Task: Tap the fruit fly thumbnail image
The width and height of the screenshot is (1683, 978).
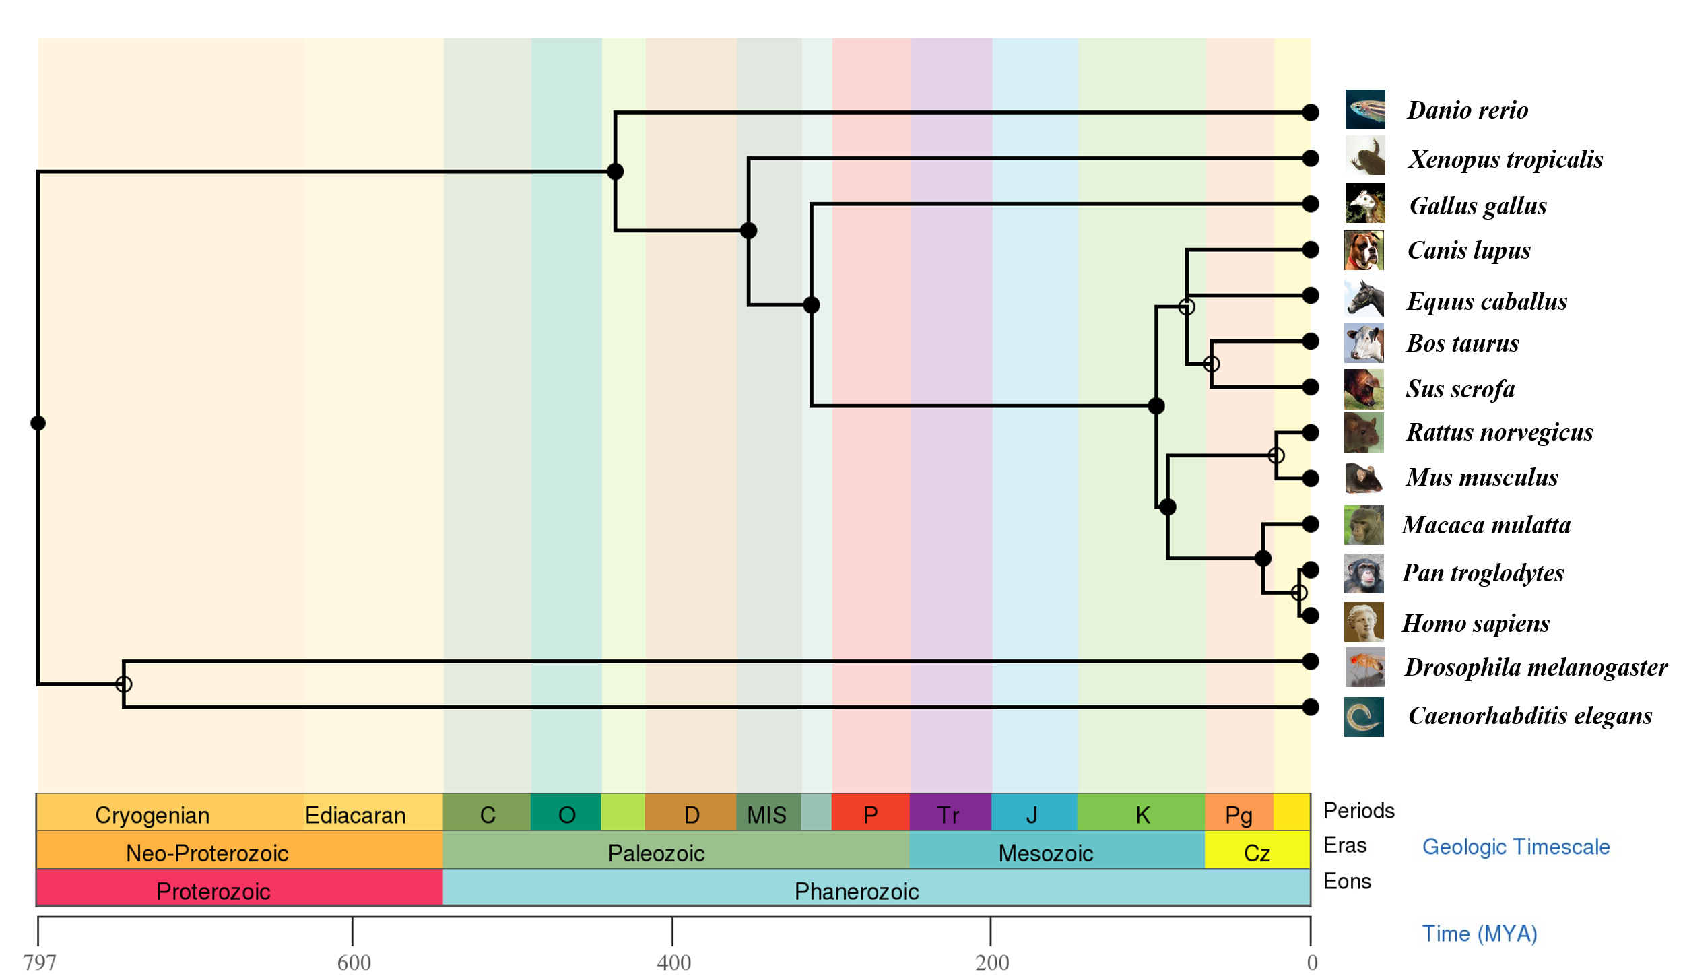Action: click(1364, 667)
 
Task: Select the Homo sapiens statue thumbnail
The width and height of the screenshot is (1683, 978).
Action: click(1364, 622)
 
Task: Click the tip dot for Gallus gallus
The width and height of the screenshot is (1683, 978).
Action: click(1310, 203)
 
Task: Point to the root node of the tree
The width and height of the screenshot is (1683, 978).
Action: click(38, 423)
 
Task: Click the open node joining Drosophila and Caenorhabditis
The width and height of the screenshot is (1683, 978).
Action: click(123, 684)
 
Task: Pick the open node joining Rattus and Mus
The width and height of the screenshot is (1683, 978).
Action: click(1276, 455)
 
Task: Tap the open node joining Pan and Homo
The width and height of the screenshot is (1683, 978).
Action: click(1299, 593)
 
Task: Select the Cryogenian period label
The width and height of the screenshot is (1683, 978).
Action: click(152, 815)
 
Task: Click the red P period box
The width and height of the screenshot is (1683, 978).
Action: click(871, 812)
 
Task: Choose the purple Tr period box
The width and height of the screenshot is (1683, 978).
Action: click(950, 812)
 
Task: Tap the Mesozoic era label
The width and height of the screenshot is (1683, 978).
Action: click(1045, 853)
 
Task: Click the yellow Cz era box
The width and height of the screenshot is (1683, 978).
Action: click(1257, 850)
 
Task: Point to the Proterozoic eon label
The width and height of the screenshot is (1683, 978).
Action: click(213, 891)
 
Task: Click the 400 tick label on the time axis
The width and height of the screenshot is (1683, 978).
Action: click(673, 963)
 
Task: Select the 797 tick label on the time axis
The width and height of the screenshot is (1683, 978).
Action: click(40, 963)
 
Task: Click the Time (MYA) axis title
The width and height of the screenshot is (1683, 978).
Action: click(1480, 934)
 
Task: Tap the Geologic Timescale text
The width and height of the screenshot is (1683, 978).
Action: click(1516, 847)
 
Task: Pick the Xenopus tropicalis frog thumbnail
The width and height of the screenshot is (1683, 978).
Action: click(1365, 156)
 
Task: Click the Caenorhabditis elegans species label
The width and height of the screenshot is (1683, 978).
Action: click(1530, 716)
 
